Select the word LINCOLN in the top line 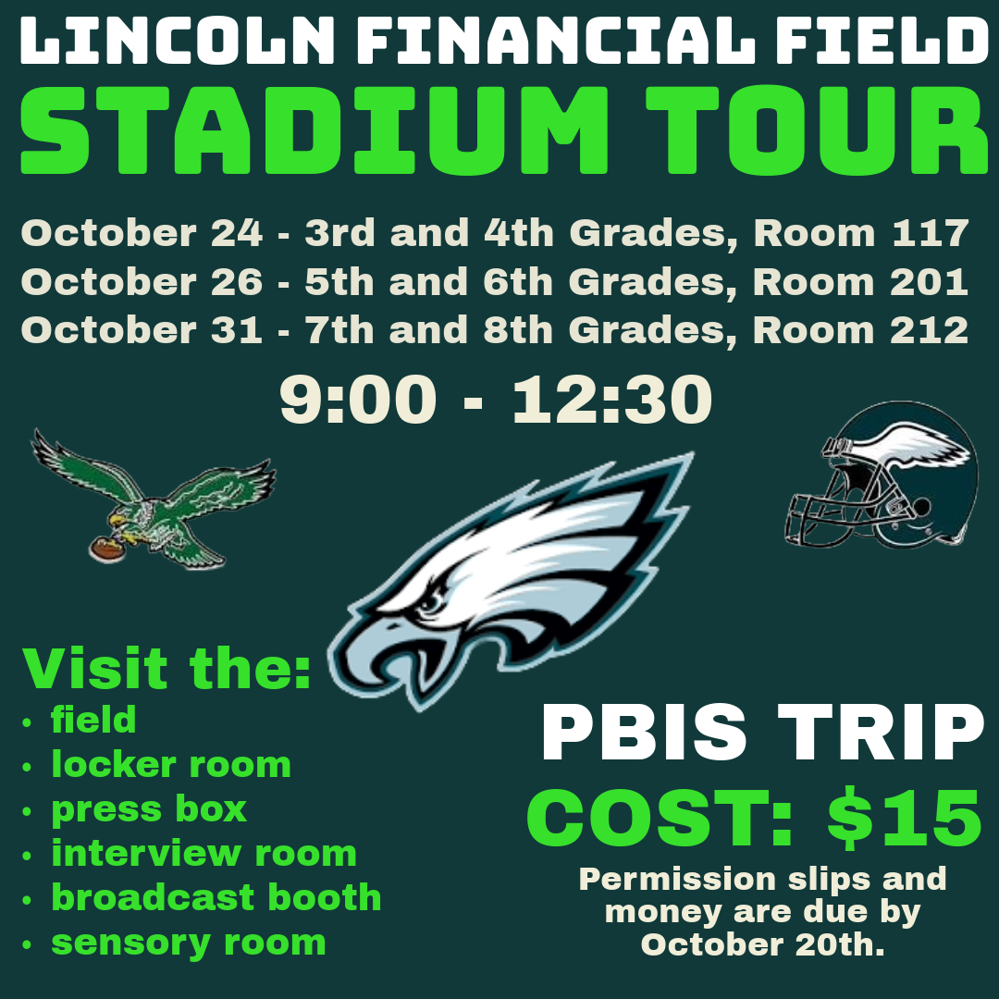[178, 41]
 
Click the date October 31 [142, 330]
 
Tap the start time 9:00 [359, 400]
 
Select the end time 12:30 [612, 400]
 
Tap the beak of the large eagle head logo [382, 656]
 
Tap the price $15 [905, 818]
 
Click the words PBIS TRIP [763, 733]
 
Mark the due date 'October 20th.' [762, 944]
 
